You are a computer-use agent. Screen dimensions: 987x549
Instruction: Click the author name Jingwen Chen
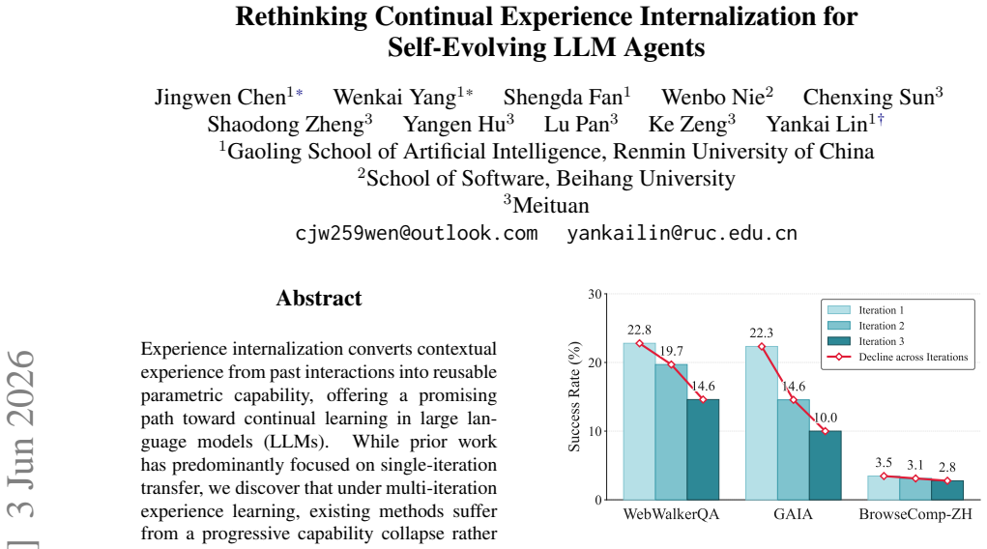coord(220,97)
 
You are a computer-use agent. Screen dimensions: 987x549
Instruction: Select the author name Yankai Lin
coord(817,124)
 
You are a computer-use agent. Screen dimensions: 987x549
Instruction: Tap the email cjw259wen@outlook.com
coord(417,233)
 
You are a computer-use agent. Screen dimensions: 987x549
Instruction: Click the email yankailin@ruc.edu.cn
coord(682,233)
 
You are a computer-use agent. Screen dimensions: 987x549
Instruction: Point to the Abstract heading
coord(319,298)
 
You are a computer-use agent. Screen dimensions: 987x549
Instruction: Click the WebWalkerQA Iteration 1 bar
coord(639,421)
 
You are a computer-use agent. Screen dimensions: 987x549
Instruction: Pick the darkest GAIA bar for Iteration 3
coord(825,465)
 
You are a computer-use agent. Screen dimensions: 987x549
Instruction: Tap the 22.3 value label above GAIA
coord(761,332)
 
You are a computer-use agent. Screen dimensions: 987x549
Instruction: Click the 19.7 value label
coord(671,351)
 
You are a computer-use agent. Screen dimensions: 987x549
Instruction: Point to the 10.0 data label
coord(826,418)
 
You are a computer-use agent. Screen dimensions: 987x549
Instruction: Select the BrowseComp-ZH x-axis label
coord(915,514)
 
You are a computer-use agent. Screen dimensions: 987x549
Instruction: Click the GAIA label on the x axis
coord(793,514)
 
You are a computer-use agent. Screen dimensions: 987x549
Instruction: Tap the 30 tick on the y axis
coord(595,294)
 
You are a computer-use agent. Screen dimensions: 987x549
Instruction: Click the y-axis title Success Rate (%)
coord(574,396)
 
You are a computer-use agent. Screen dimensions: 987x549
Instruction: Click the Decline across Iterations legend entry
coord(897,357)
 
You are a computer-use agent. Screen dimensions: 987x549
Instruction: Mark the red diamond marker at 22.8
coord(640,343)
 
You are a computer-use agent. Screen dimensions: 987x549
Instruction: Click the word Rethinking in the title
coord(302,16)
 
